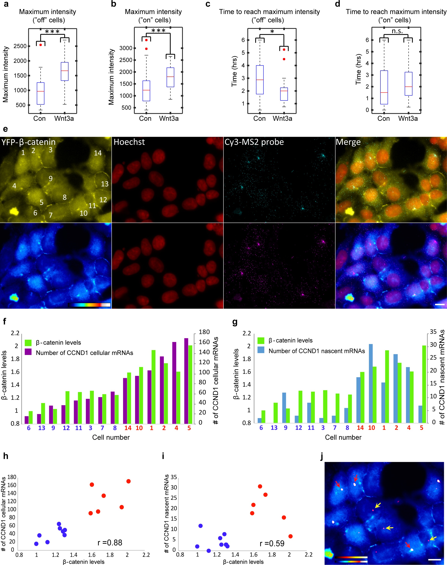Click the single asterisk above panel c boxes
[272, 32]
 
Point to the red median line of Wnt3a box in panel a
[65, 71]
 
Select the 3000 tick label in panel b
[126, 48]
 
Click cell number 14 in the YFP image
[98, 153]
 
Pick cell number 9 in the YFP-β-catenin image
[50, 179]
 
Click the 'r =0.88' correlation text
[110, 542]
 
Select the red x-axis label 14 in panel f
[128, 428]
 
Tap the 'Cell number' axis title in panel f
[111, 437]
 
